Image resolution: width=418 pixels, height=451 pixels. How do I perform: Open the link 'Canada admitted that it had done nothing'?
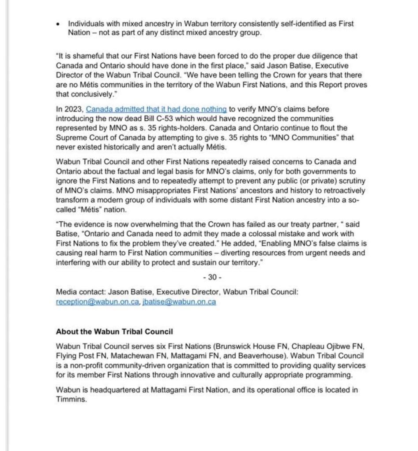pyautogui.click(x=156, y=109)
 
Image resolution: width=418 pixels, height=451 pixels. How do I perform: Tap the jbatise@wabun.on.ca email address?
pyautogui.click(x=179, y=302)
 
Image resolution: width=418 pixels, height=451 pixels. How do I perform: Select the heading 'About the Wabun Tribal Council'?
pyautogui.click(x=114, y=331)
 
